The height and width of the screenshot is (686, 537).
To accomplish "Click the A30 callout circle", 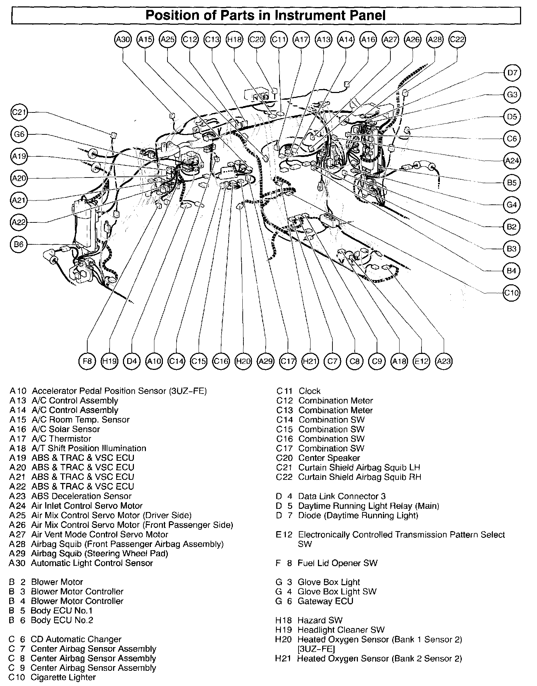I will pyautogui.click(x=123, y=39).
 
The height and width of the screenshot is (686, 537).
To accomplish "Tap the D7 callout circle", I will pyautogui.click(x=512, y=73).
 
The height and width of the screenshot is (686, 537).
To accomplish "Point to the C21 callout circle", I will pyautogui.click(x=19, y=112).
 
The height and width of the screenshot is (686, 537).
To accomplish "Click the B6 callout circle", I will pyautogui.click(x=19, y=244).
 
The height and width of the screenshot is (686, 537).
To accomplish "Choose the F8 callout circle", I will pyautogui.click(x=87, y=361).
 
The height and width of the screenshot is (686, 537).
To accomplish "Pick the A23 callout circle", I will pyautogui.click(x=444, y=361).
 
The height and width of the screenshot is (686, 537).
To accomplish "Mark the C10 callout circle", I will pyautogui.click(x=512, y=293).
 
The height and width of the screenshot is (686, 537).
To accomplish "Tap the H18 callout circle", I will pyautogui.click(x=234, y=39).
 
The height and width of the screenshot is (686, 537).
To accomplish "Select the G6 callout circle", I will pyautogui.click(x=19, y=134).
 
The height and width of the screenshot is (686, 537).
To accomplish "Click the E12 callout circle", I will pyautogui.click(x=421, y=361).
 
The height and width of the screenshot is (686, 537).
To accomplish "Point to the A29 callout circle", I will pyautogui.click(x=266, y=361).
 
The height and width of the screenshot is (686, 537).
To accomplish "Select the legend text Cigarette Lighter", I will pyautogui.click(x=63, y=678).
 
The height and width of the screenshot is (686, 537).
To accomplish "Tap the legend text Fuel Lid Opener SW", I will pyautogui.click(x=337, y=563).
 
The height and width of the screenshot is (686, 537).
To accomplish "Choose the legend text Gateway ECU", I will pyautogui.click(x=325, y=601).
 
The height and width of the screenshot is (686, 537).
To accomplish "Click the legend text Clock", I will pyautogui.click(x=309, y=391).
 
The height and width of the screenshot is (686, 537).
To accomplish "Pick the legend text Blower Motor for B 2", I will pyautogui.click(x=57, y=582).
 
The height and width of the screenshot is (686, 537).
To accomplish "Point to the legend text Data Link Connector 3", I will pyautogui.click(x=342, y=496).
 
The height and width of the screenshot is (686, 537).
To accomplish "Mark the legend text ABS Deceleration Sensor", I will pyautogui.click(x=81, y=496).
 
